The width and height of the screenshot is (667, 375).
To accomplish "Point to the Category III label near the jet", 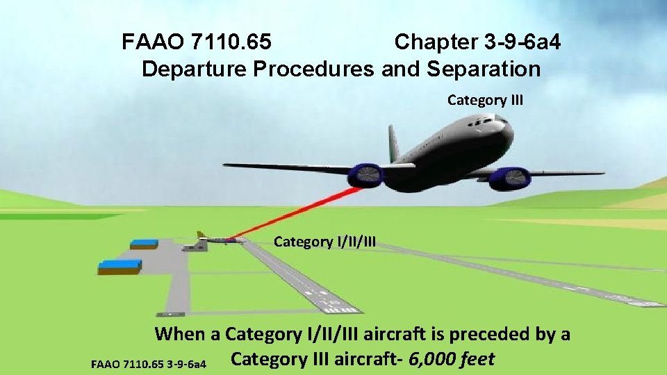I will coord(485,100).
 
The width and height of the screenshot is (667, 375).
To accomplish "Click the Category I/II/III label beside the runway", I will coord(324,242).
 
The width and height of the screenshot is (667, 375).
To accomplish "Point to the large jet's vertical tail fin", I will coord(393,144).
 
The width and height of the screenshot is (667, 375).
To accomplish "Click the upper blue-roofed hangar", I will coord(145,244).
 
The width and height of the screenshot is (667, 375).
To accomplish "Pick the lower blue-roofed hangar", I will coord(121,266).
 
